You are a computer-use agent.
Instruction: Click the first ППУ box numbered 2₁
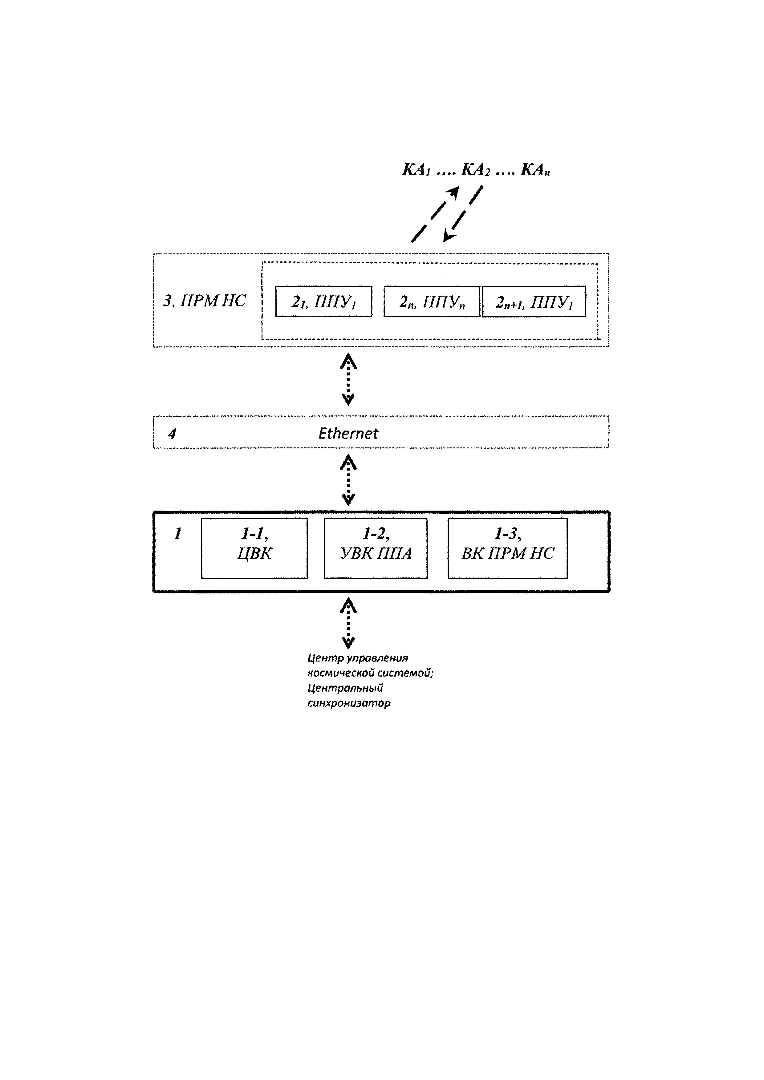pos(324,301)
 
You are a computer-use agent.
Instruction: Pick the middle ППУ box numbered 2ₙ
pos(432,301)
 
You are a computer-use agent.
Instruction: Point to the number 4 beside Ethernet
pos(172,433)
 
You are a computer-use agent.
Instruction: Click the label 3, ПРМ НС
pos(205,301)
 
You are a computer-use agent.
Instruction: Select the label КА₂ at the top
pos(476,170)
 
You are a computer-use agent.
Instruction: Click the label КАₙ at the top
pos(535,170)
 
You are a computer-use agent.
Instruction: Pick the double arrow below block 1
pos(348,624)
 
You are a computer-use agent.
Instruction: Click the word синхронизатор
pos(349,703)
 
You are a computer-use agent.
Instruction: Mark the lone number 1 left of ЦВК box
pos(178,534)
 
